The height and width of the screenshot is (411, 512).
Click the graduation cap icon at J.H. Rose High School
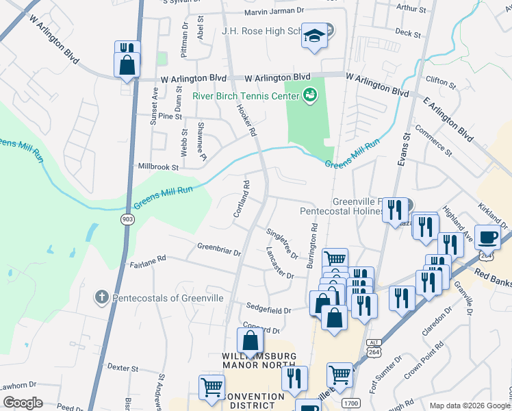[x=314, y=36]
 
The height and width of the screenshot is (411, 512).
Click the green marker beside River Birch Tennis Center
[x=309, y=95]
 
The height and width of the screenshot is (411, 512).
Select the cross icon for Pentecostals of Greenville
[x=101, y=297]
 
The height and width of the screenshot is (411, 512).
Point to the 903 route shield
[x=127, y=219]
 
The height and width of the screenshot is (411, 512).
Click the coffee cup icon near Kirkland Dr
[x=487, y=237]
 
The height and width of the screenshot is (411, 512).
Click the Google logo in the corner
[x=23, y=403]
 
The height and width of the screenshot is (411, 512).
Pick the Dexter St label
[x=123, y=368]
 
